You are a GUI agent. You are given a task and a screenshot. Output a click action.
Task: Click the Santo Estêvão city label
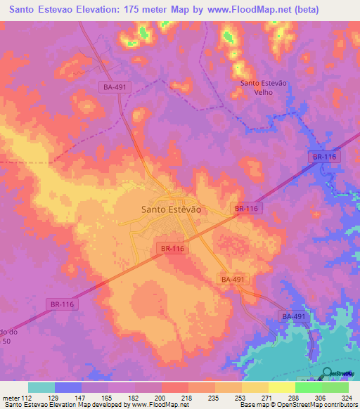(x=172, y=209)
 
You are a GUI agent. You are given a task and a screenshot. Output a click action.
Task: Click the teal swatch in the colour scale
(x=41, y=387)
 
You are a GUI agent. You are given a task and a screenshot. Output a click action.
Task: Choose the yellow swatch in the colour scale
(x=281, y=387)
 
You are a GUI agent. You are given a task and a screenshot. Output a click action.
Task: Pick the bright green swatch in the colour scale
(x=308, y=387)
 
